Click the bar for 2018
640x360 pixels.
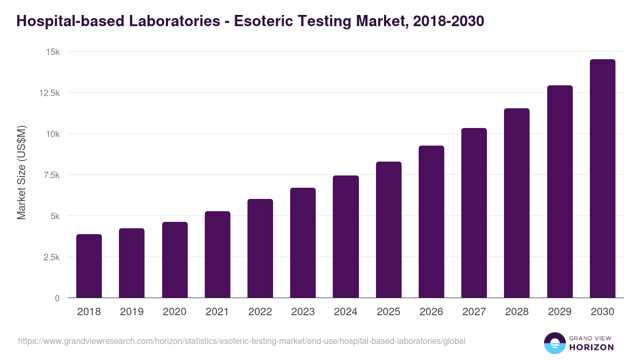click(x=89, y=266)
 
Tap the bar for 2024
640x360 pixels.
click(x=346, y=237)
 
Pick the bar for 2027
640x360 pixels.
click(x=474, y=213)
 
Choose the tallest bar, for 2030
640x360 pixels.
click(x=602, y=179)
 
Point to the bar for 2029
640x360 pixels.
click(x=559, y=191)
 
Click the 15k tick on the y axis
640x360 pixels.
click(x=52, y=52)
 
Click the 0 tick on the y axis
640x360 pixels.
click(x=57, y=298)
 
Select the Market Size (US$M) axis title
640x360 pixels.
click(x=21, y=173)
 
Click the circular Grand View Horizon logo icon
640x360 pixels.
click(x=554, y=343)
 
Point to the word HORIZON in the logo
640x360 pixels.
click(x=591, y=347)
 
